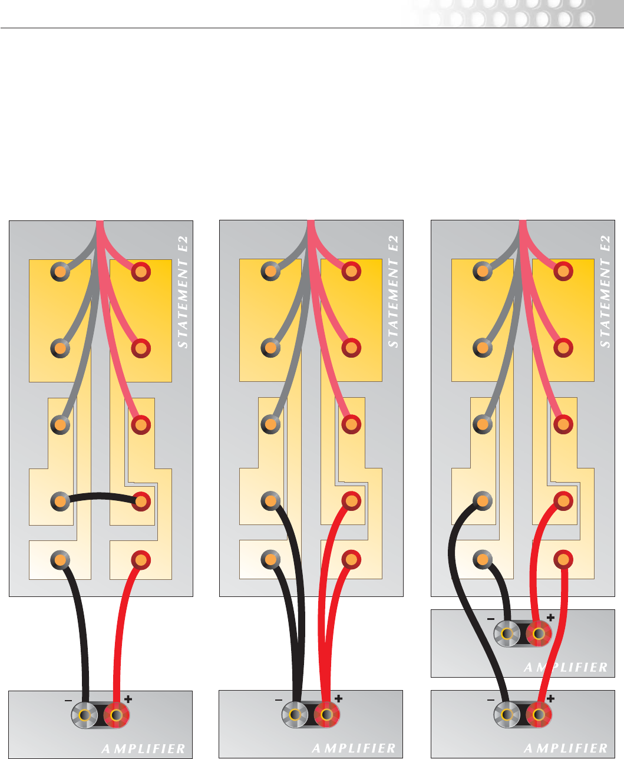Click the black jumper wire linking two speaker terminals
tap(100, 496)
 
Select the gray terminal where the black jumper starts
tap(60, 502)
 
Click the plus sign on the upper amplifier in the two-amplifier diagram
tap(551, 618)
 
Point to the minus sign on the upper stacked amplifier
tap(491, 619)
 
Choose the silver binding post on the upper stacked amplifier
tap(506, 634)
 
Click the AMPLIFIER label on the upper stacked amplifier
tap(566, 667)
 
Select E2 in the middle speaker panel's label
tap(394, 243)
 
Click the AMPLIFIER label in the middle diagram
tap(354, 748)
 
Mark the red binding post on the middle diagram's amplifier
tap(326, 715)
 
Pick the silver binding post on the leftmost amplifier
tap(85, 715)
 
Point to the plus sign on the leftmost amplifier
tap(128, 699)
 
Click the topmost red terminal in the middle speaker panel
tap(351, 272)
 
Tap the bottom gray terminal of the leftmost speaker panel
tap(60, 559)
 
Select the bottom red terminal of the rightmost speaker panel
tap(563, 559)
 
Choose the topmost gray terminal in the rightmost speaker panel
tap(483, 272)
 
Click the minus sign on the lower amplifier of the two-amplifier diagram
tap(491, 699)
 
